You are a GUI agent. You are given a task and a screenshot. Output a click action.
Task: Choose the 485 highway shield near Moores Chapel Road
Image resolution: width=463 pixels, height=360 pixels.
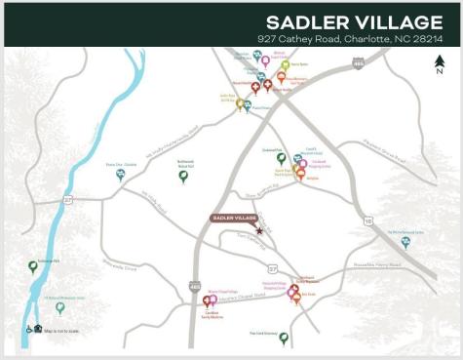click(x=195, y=286)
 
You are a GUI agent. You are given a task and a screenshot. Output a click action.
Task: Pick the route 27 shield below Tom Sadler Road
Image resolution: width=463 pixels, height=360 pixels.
click(x=273, y=266)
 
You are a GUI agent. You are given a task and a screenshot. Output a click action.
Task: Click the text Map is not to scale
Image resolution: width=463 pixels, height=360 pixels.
click(x=66, y=329)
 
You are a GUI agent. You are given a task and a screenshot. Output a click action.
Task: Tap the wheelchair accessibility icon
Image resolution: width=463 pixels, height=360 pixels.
click(x=28, y=329)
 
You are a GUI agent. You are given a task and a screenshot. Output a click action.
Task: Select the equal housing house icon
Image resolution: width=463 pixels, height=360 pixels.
click(x=38, y=329)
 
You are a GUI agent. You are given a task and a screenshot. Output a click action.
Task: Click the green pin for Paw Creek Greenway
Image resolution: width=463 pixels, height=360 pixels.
click(x=284, y=338)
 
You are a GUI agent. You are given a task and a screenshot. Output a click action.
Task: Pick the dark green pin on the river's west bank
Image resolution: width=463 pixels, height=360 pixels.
click(x=33, y=265)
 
